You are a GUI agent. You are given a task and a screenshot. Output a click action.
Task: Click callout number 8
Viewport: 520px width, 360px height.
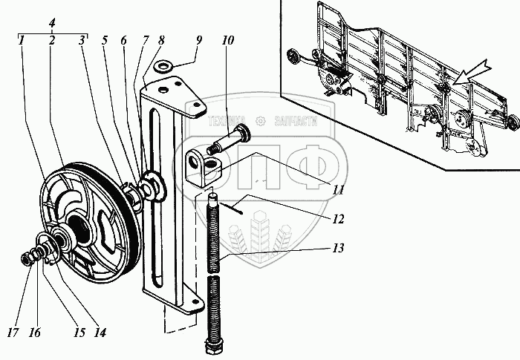pos(162,41)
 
